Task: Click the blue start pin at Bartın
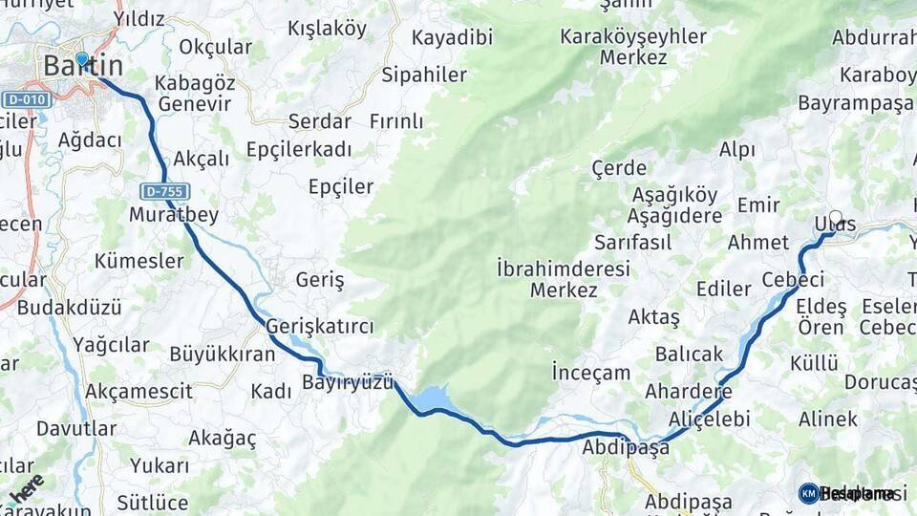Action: click(82, 60)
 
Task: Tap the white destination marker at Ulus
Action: click(836, 218)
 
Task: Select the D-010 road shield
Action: click(26, 99)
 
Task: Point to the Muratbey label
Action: click(174, 213)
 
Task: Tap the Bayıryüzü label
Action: click(348, 382)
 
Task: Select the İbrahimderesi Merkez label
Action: click(564, 279)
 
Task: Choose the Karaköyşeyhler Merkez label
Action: click(633, 47)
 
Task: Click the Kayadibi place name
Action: click(452, 37)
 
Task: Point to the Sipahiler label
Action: click(424, 75)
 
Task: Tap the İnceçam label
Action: click(591, 373)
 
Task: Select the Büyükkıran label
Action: click(222, 354)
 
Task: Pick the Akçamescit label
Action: click(139, 391)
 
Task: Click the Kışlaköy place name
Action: click(327, 29)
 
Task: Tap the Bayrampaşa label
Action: click(855, 103)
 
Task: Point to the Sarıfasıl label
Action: click(632, 242)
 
